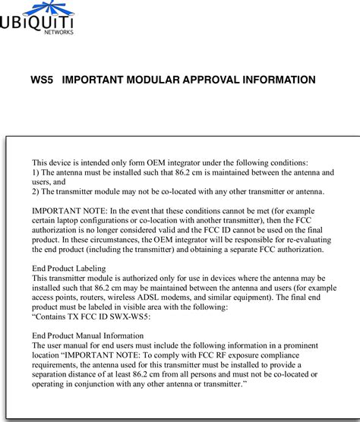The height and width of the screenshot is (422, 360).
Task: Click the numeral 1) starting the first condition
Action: [35, 173]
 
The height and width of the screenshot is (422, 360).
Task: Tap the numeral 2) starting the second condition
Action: [35, 194]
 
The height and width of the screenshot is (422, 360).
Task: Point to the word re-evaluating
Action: [308, 240]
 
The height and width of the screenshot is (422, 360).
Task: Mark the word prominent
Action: [301, 345]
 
